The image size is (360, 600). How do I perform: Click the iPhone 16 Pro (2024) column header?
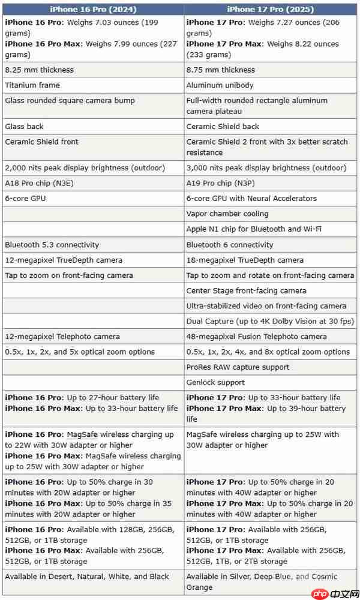coord(93,9)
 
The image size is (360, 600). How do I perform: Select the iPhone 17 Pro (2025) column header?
coord(271,9)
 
